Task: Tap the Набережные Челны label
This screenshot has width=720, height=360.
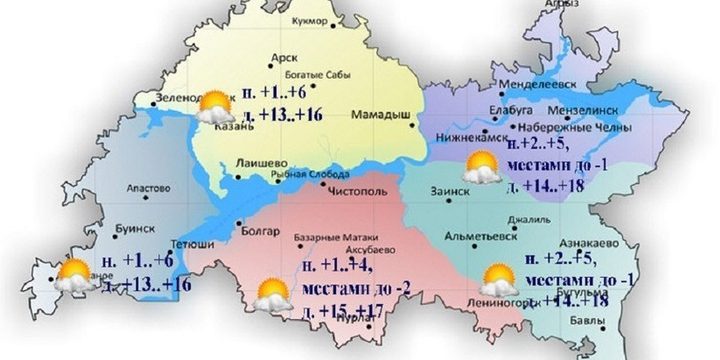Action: pyautogui.click(x=578, y=129)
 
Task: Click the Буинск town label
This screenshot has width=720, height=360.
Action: pyautogui.click(x=125, y=227)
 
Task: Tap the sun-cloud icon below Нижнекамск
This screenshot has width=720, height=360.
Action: pyautogui.click(x=481, y=168)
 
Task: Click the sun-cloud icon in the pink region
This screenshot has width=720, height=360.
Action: pyautogui.click(x=270, y=296)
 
